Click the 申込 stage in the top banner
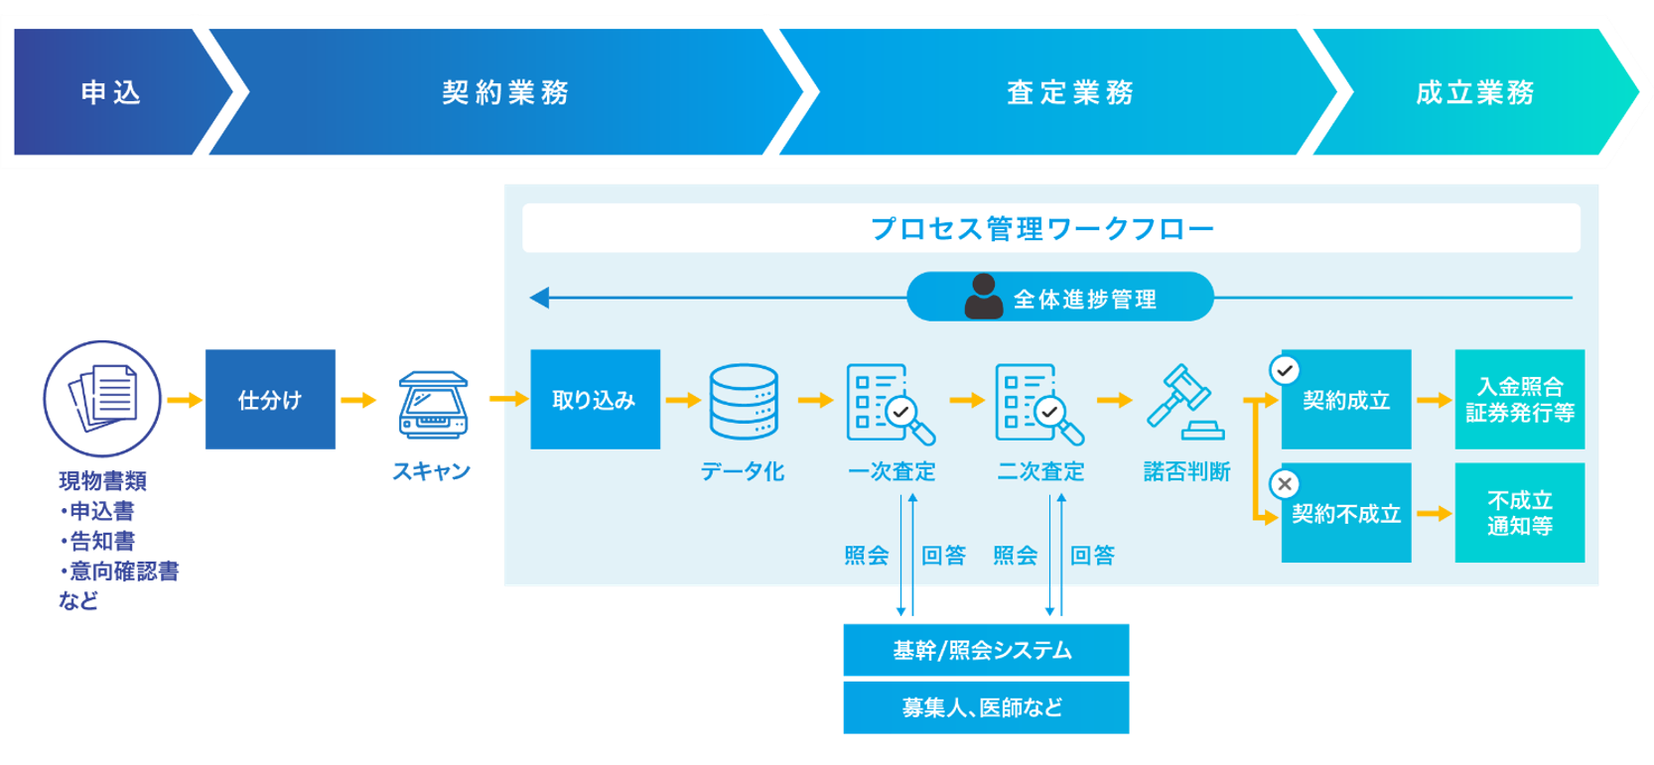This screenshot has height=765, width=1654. [110, 92]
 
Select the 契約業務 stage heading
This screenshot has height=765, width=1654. [505, 92]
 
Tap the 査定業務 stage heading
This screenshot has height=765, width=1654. [1070, 92]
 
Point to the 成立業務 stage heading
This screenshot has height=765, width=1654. [1474, 92]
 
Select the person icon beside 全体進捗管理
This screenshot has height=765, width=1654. [983, 297]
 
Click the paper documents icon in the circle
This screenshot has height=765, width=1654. [102, 398]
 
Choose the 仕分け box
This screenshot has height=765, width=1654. [270, 399]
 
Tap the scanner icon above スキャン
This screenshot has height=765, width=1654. [433, 405]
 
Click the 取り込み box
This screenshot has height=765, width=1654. [595, 399]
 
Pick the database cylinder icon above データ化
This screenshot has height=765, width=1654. [744, 402]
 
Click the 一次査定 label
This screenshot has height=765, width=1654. [892, 471]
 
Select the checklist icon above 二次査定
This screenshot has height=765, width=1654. [1038, 404]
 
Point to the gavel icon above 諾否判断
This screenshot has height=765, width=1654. [1185, 402]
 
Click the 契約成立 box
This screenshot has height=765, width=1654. [1346, 400]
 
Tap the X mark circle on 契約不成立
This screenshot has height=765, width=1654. [1285, 484]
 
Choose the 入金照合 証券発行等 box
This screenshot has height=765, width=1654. [1519, 399]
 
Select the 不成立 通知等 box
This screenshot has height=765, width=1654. [1519, 513]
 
